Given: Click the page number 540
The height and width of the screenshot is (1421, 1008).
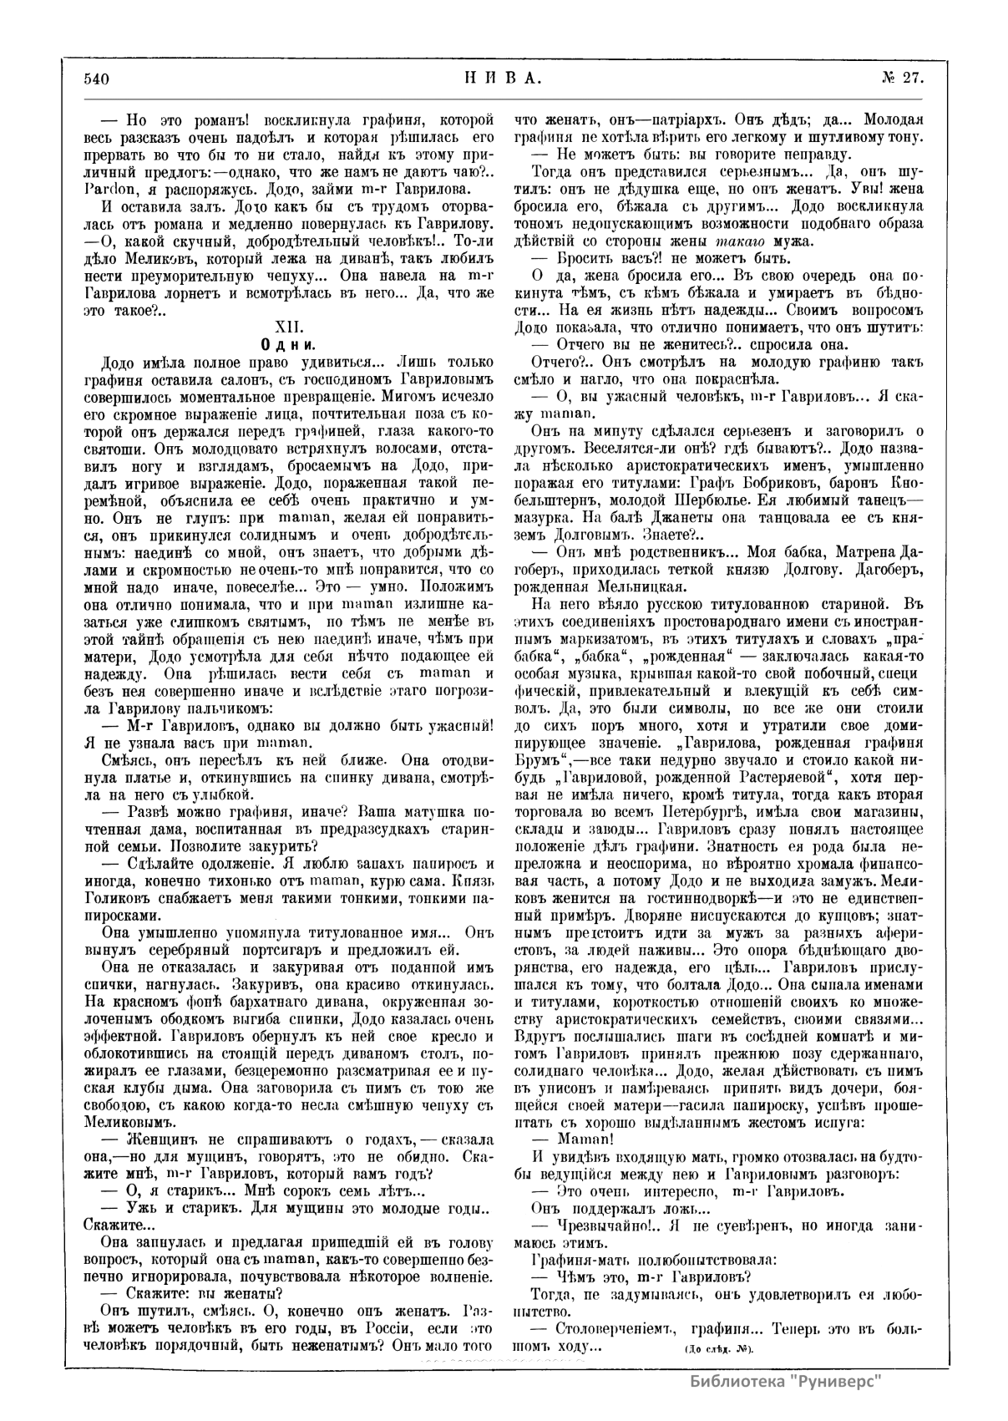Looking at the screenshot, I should point(97,79).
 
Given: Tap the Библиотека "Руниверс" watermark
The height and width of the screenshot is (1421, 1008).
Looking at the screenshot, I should point(786,1381).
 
